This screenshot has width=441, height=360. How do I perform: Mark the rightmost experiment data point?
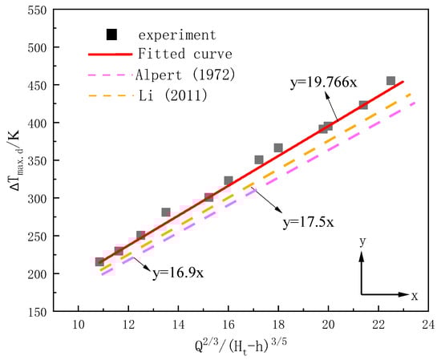pos(390,81)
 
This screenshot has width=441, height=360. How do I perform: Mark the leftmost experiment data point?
pos(99,261)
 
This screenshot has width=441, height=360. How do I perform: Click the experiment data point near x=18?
pos(278,148)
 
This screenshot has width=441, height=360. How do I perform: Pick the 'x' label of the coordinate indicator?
pos(415,296)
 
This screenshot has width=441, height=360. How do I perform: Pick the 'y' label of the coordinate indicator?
pos(363,241)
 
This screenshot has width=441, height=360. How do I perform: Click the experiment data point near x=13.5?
pos(166,212)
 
